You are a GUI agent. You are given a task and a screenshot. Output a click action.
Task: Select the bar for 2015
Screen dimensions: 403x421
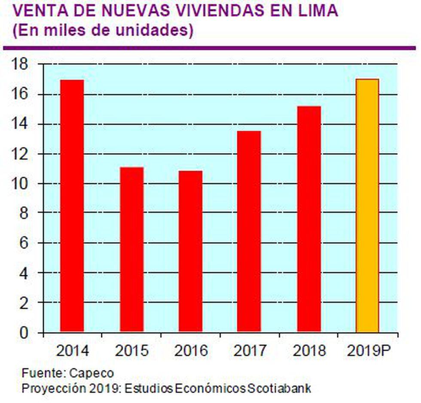point(131,249)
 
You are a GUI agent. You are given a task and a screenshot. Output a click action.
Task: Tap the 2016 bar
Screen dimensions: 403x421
point(191,251)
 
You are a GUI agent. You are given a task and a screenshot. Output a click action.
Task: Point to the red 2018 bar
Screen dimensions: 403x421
point(309,219)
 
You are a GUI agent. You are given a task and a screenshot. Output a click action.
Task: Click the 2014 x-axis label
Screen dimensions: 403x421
point(72,351)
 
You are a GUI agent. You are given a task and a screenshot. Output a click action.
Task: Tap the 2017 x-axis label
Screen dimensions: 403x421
point(250,351)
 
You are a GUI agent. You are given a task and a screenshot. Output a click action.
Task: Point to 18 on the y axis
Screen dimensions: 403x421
point(21,65)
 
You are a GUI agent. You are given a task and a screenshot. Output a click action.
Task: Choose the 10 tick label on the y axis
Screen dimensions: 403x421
point(21,184)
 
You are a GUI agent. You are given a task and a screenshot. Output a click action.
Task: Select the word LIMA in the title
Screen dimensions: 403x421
point(318,11)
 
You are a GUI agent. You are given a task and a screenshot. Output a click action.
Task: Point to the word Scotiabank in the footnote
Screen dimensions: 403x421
point(280,388)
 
